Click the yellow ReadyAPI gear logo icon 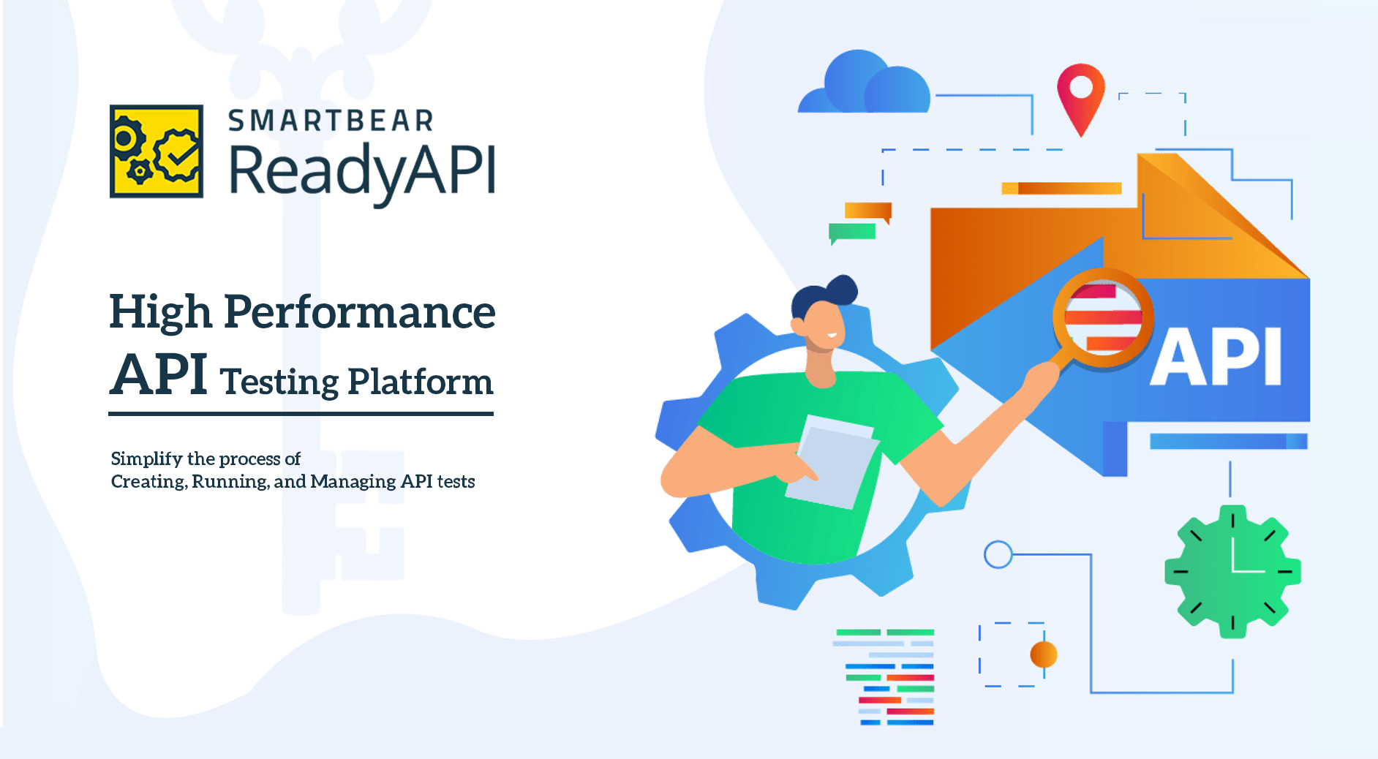[x=157, y=151]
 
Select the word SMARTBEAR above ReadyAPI [x=331, y=121]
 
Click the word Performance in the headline [x=359, y=311]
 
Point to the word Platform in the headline [x=420, y=381]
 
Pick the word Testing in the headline [x=279, y=382]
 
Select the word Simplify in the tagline [x=146, y=459]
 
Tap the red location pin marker [x=1080, y=99]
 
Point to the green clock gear [x=1232, y=571]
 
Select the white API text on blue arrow [x=1216, y=357]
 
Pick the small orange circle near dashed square [x=1044, y=654]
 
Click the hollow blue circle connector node [x=998, y=555]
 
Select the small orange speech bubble [x=868, y=211]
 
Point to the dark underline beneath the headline [x=301, y=414]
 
